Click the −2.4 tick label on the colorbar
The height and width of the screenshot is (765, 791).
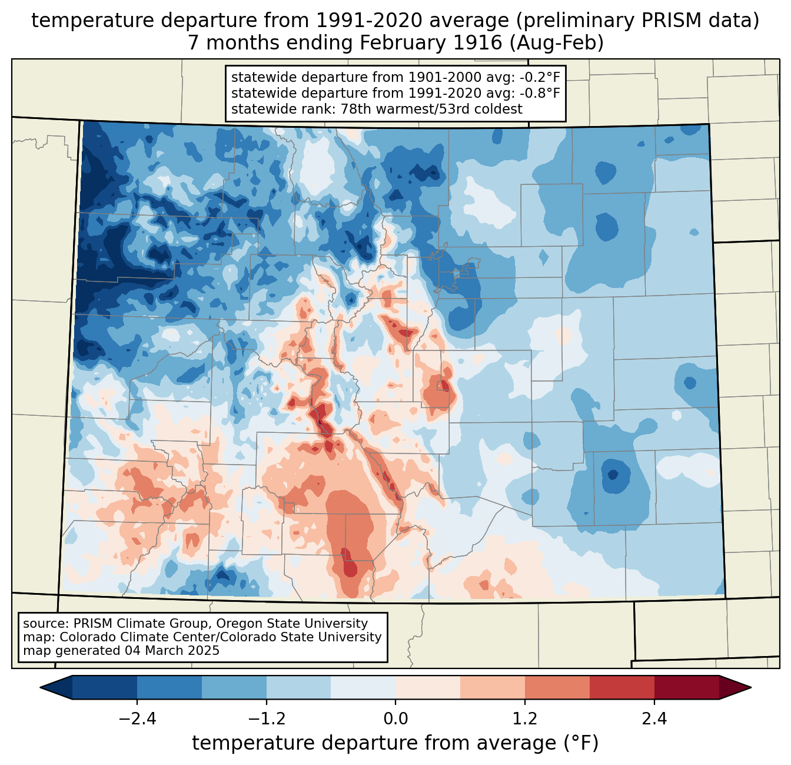click(x=137, y=719)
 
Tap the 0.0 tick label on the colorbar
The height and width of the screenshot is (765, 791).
click(x=395, y=719)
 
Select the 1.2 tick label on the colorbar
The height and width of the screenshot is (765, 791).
click(x=525, y=719)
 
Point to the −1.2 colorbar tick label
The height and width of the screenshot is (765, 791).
click(x=267, y=719)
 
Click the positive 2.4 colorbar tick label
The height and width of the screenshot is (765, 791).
click(x=654, y=719)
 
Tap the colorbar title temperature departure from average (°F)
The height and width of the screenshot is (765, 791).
click(x=395, y=743)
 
